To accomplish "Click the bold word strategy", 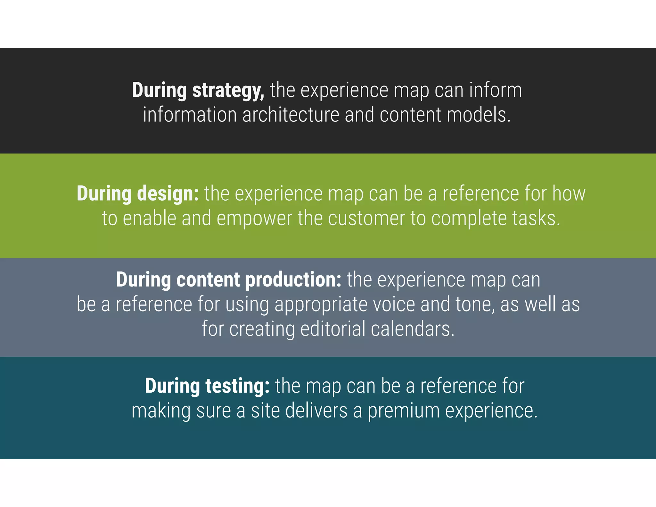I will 228,90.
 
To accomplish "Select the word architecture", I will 291,115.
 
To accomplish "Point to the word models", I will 479,115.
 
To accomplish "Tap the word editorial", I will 333,329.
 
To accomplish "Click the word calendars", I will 413,329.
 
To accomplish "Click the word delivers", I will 316,411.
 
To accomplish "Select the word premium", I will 404,411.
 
